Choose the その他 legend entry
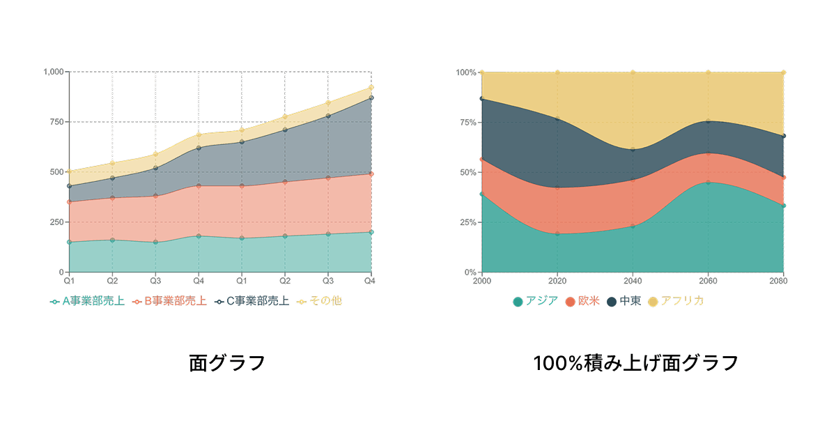[320, 301]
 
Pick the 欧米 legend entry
[582, 301]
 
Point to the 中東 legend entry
[624, 301]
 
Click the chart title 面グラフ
[227, 363]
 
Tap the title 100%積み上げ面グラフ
[635, 363]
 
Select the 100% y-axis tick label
[467, 72]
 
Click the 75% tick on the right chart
[469, 122]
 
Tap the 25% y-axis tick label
[469, 222]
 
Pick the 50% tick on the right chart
[469, 172]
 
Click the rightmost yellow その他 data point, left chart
[371, 88]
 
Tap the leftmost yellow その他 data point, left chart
[69, 171]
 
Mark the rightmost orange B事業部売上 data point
[371, 174]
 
